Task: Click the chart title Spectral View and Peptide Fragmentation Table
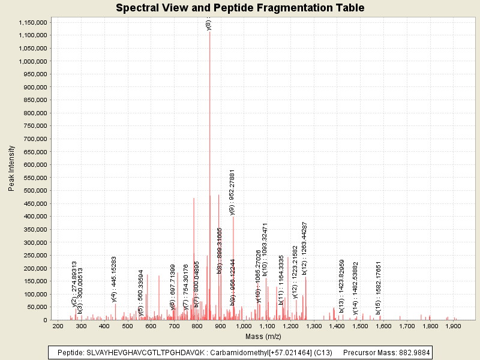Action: coord(240,8)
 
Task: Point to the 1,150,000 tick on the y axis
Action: coord(32,22)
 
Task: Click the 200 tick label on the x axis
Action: coord(58,326)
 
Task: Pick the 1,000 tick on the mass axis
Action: coord(244,326)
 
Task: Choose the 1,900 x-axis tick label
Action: coord(452,326)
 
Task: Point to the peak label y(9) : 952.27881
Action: coord(232,192)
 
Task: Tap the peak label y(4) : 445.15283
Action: coord(115,279)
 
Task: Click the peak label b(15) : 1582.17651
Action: coord(379,287)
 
